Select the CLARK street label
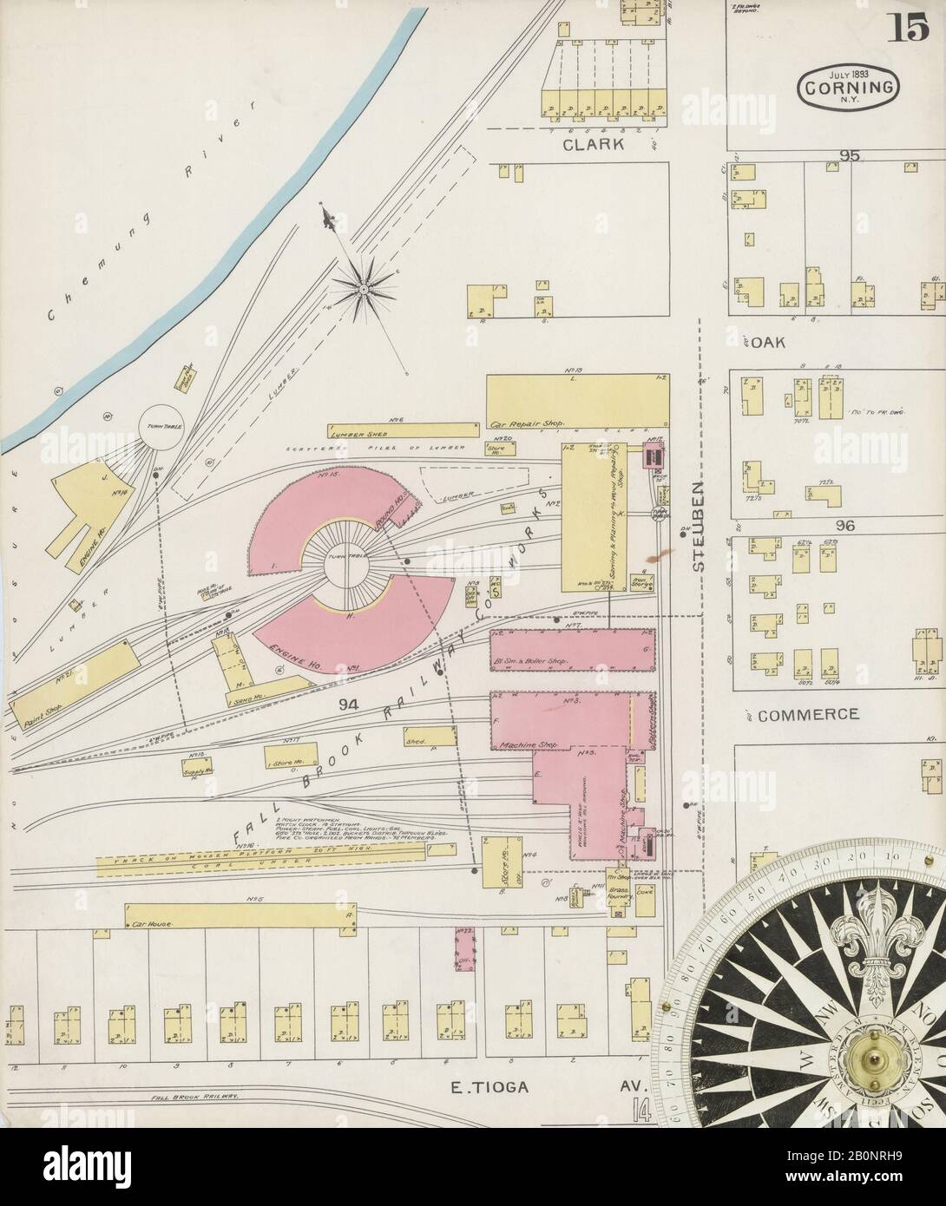tap(593, 145)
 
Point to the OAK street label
tap(767, 343)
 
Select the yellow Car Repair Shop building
tap(576, 403)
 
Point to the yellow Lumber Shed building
tap(403, 430)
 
